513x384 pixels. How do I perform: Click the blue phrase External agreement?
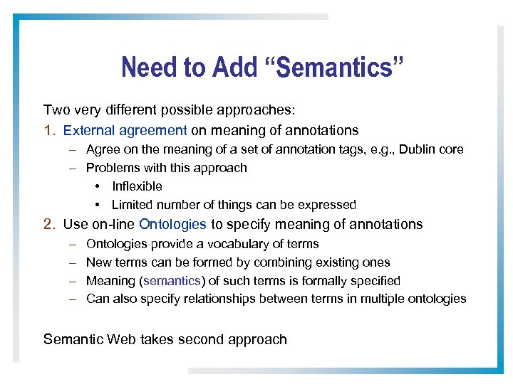click(x=125, y=130)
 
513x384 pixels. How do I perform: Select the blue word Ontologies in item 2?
click(x=172, y=224)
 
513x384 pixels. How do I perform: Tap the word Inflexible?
click(x=137, y=186)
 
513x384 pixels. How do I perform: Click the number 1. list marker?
click(x=49, y=130)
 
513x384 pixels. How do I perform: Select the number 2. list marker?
click(x=50, y=224)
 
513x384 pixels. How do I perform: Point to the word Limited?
click(x=133, y=205)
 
